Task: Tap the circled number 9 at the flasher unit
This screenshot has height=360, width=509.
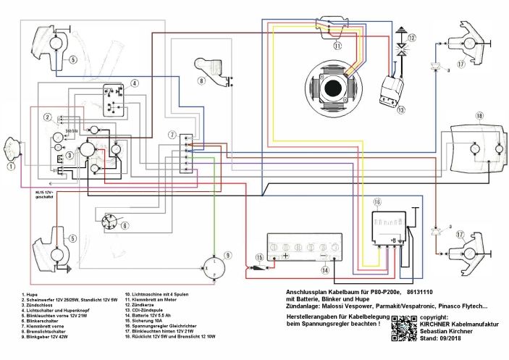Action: [227, 255]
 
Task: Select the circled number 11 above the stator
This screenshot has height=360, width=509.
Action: [337, 45]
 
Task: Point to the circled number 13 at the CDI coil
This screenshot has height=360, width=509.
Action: [401, 109]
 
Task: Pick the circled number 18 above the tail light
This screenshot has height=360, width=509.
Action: [479, 116]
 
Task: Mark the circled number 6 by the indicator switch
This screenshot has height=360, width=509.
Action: [125, 225]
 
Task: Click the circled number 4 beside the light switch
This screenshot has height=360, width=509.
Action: [135, 84]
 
